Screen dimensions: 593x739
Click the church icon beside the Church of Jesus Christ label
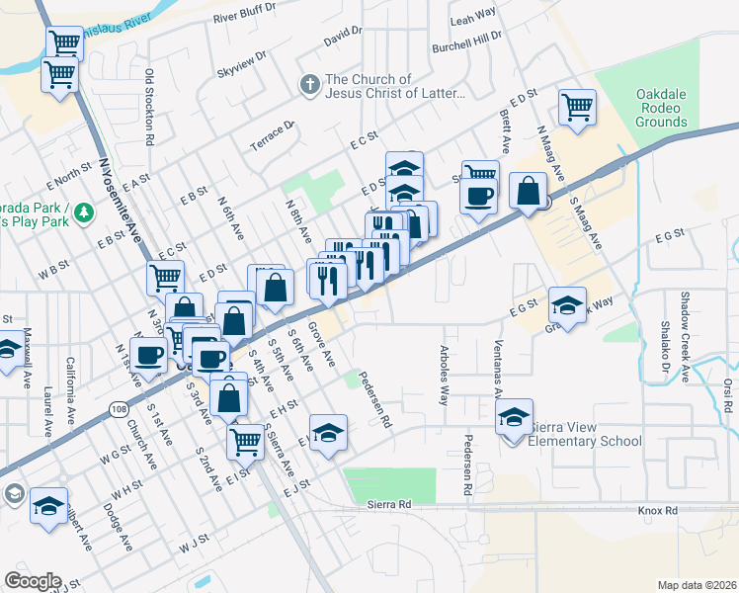pyautogui.click(x=309, y=85)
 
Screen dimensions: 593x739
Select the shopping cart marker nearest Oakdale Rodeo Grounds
pyautogui.click(x=577, y=107)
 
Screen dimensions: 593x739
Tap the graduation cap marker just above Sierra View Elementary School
pyautogui.click(x=514, y=418)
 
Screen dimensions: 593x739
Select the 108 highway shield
pyautogui.click(x=119, y=406)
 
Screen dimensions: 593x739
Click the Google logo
pyautogui.click(x=33, y=580)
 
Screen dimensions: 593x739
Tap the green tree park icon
pyautogui.click(x=86, y=211)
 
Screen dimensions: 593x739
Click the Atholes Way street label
pyautogui.click(x=444, y=376)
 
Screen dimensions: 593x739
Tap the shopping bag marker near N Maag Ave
pyautogui.click(x=530, y=190)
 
